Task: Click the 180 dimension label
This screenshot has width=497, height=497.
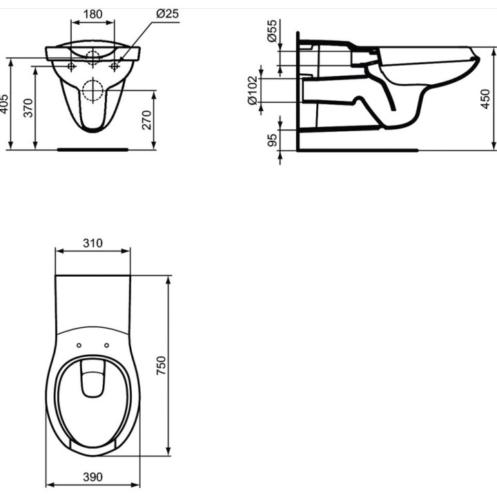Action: tap(92, 14)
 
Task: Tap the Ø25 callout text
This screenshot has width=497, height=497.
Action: tap(167, 14)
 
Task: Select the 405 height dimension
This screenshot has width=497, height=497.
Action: tap(4, 104)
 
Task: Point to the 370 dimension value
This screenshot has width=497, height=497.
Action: tap(28, 108)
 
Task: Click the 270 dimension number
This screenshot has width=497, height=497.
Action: tap(147, 120)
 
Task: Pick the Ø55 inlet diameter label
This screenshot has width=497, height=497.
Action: tap(272, 31)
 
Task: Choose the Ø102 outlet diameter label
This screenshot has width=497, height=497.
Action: tap(253, 90)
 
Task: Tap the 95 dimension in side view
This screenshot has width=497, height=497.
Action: tap(272, 140)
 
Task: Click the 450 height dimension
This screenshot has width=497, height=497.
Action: tap(485, 99)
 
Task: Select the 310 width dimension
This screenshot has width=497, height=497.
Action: tap(92, 243)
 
